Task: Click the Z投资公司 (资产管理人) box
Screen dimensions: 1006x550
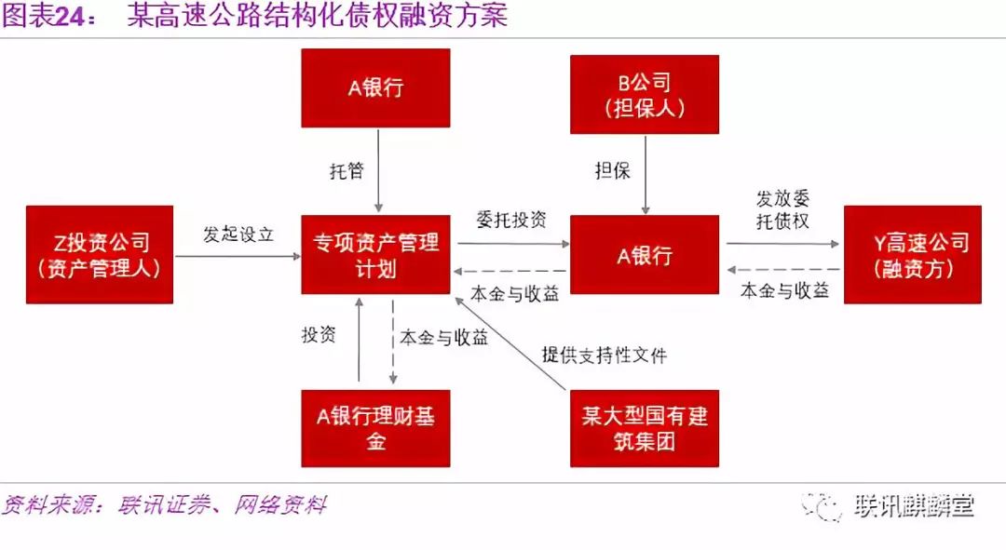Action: pyautogui.click(x=100, y=254)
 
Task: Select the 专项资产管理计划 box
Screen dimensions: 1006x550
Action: pyautogui.click(x=375, y=254)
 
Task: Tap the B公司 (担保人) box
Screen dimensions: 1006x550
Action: pyautogui.click(x=645, y=94)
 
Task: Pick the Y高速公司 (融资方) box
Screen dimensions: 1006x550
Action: pyautogui.click(x=912, y=254)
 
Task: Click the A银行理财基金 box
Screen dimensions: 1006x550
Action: pyautogui.click(x=375, y=428)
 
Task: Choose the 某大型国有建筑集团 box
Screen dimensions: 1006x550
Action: pyautogui.click(x=645, y=428)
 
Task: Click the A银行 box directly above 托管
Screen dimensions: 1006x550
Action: pyautogui.click(x=375, y=87)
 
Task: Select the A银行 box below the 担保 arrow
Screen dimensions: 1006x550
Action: pyautogui.click(x=645, y=254)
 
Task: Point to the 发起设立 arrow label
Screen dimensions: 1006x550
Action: pyautogui.click(x=238, y=234)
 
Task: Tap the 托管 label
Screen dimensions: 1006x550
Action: pyautogui.click(x=347, y=170)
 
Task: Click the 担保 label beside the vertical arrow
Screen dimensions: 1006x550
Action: pyautogui.click(x=613, y=170)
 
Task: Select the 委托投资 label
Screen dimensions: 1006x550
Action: pyautogui.click(x=511, y=220)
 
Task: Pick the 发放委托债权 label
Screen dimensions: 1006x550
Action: pyautogui.click(x=782, y=209)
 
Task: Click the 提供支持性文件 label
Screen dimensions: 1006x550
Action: pyautogui.click(x=605, y=355)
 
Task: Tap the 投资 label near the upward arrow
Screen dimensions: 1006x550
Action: pyautogui.click(x=319, y=334)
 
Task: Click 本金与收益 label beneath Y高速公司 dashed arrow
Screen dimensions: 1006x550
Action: pyautogui.click(x=784, y=290)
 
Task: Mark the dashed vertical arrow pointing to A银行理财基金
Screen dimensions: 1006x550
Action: pyautogui.click(x=393, y=342)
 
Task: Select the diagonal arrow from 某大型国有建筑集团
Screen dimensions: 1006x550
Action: pyautogui.click(x=510, y=343)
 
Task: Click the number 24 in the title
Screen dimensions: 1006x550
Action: pyautogui.click(x=70, y=16)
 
